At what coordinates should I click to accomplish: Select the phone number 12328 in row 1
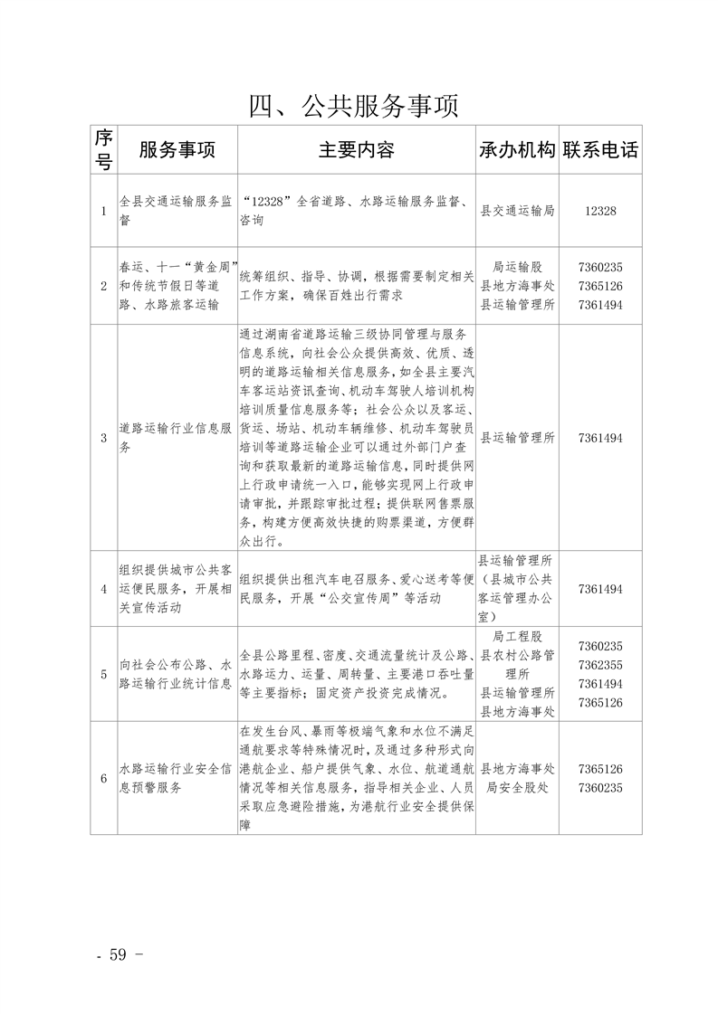click(600, 211)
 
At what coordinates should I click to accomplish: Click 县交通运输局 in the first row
click(516, 211)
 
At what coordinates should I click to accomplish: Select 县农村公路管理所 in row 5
click(516, 664)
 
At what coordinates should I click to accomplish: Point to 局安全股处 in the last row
click(516, 787)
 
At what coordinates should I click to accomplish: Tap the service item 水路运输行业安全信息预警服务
click(177, 778)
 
